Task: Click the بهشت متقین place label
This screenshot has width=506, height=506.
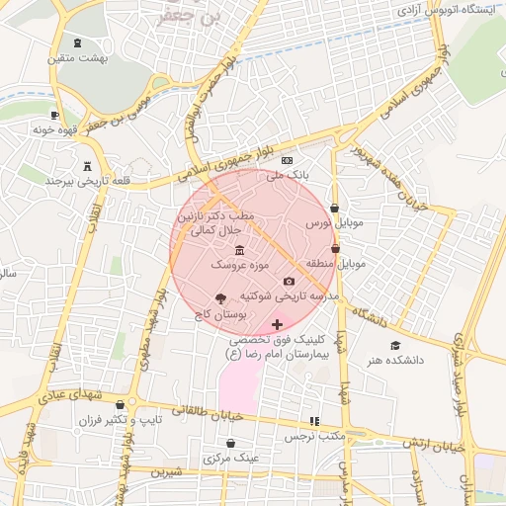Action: click(79, 59)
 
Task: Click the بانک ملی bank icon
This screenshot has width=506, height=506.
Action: click(287, 160)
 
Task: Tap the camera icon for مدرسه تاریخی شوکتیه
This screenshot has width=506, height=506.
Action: click(289, 282)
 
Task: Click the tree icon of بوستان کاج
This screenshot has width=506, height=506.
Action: click(219, 297)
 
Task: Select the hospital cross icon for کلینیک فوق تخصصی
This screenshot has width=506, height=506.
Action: click(277, 324)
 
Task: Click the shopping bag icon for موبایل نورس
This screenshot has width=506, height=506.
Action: click(334, 209)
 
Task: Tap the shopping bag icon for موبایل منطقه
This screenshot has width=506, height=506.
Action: click(336, 249)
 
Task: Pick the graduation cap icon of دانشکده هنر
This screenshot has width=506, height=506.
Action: click(395, 346)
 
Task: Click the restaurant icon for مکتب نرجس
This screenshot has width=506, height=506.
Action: click(315, 421)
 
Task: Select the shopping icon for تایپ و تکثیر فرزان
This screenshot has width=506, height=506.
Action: click(121, 404)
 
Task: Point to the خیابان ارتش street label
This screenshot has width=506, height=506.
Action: click(432, 445)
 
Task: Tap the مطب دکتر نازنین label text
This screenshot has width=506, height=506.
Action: click(215, 214)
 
